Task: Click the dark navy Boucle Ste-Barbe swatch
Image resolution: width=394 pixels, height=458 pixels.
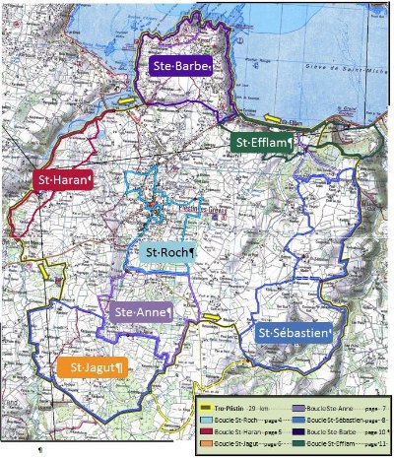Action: coord(297,430)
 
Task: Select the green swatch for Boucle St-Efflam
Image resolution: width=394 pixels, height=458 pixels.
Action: coord(297,443)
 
